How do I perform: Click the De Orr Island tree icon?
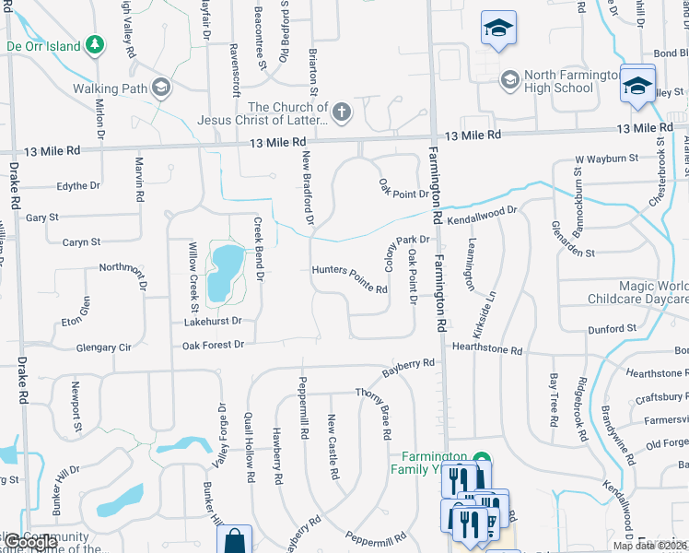tap(94, 44)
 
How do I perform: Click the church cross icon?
tap(342, 113)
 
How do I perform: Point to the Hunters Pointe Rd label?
tap(349, 279)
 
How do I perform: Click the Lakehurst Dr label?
tap(212, 322)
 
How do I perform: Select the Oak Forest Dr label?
tap(213, 345)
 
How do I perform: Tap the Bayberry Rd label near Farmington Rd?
tap(408, 367)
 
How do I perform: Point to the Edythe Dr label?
tap(78, 186)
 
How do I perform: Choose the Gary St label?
tap(42, 218)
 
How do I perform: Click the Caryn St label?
tap(81, 242)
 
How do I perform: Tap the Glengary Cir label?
tap(104, 348)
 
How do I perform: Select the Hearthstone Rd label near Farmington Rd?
tap(487, 351)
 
